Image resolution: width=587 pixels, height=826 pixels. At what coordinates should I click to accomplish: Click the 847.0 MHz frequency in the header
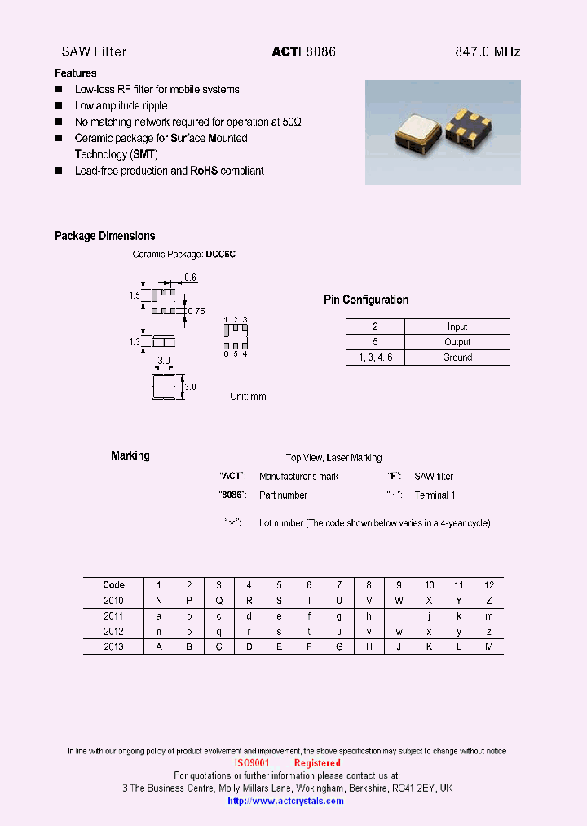click(x=487, y=51)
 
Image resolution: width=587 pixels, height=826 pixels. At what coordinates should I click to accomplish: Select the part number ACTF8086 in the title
click(x=303, y=51)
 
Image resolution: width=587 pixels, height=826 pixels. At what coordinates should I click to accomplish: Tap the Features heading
click(x=76, y=73)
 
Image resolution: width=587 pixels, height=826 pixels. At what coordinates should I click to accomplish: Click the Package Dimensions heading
click(x=104, y=236)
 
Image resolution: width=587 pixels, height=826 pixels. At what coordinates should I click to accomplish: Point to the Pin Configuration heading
click(x=366, y=300)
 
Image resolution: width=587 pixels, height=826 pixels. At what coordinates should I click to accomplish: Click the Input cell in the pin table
click(x=457, y=326)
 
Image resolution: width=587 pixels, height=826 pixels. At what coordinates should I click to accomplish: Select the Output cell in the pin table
click(x=457, y=342)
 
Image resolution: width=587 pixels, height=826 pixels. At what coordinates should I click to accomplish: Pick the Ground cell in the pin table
click(x=457, y=357)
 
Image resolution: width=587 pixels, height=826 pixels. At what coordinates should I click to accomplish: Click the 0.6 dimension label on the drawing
click(x=190, y=278)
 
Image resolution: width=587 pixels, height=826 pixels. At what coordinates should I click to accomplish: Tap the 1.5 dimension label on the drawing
click(x=135, y=296)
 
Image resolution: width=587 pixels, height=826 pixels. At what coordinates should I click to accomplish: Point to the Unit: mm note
click(x=248, y=397)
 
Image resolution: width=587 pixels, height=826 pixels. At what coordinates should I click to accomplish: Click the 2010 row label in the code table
click(x=113, y=600)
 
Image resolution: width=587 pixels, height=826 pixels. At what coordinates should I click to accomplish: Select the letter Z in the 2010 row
click(x=489, y=600)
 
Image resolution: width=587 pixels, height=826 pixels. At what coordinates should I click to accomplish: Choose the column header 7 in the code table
click(x=339, y=584)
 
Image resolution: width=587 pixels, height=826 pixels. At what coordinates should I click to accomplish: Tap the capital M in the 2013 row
click(x=489, y=646)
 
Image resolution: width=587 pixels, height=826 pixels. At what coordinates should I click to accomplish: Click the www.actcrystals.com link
click(x=285, y=801)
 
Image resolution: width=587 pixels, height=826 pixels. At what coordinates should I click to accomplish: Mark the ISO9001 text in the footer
click(x=251, y=763)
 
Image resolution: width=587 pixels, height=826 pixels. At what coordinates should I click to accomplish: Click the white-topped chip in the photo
click(x=421, y=131)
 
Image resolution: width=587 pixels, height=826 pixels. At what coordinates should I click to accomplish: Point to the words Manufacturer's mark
click(x=298, y=476)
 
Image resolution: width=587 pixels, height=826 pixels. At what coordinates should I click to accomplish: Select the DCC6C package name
click(x=220, y=255)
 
